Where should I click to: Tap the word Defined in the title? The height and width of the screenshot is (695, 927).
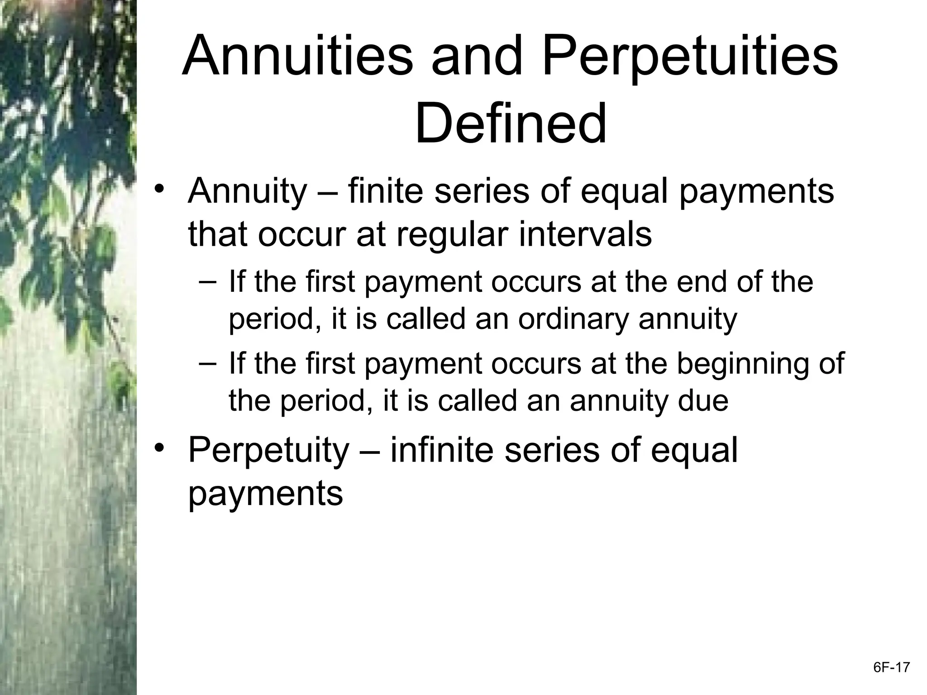(x=511, y=123)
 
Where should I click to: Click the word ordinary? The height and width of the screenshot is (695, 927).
(x=573, y=320)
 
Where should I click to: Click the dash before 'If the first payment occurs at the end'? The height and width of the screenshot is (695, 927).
(x=207, y=281)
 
